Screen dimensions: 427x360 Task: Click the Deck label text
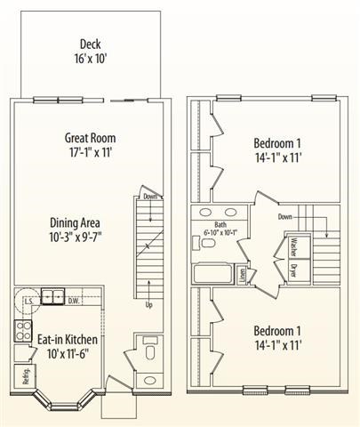(90, 44)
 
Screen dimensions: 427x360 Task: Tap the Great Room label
(91, 139)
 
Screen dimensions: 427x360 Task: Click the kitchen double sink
(52, 297)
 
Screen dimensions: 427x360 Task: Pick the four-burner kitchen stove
(21, 332)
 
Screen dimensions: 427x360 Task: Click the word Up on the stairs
(148, 305)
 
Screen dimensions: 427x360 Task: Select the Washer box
(292, 246)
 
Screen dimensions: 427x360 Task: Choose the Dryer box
(292, 270)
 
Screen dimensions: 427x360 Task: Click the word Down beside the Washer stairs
(285, 216)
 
